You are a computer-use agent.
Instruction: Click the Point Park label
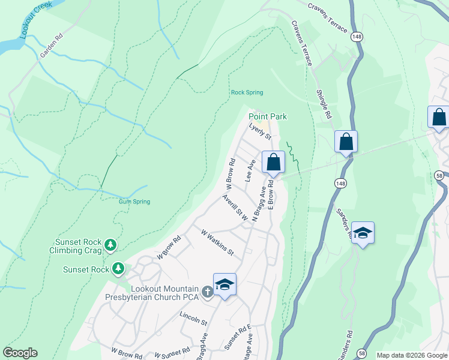pyautogui.click(x=268, y=116)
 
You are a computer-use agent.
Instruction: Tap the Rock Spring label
pyautogui.click(x=247, y=92)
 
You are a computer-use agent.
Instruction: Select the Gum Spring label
pyautogui.click(x=134, y=202)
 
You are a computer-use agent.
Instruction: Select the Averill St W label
pyautogui.click(x=235, y=208)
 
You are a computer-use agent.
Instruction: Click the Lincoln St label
pyautogui.click(x=193, y=318)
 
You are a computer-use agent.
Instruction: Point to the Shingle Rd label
pyautogui.click(x=324, y=104)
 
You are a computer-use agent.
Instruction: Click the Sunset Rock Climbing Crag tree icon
pyautogui.click(x=110, y=244)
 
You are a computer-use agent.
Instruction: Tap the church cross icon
pyautogui.click(x=207, y=292)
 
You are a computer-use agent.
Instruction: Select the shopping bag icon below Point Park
pyautogui.click(x=273, y=163)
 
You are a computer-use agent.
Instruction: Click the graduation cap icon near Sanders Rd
pyautogui.click(x=363, y=232)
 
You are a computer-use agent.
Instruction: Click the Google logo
pyautogui.click(x=20, y=353)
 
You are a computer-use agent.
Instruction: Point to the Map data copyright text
pyautogui.click(x=412, y=355)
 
